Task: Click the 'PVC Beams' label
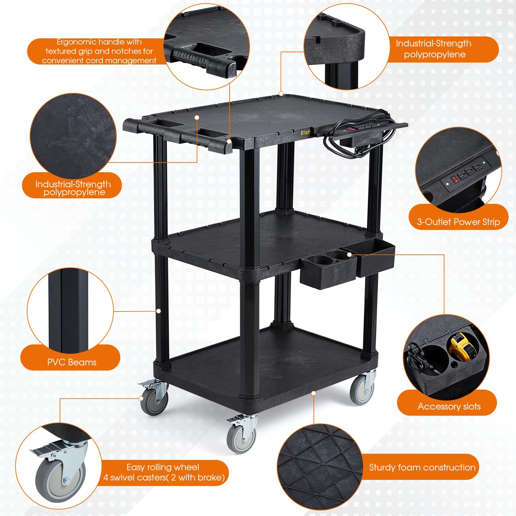(72, 362)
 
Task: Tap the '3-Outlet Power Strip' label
(458, 222)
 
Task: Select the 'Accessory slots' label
(449, 406)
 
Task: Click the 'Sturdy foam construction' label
(422, 467)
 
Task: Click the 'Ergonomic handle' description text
(99, 51)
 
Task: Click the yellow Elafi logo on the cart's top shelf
(306, 133)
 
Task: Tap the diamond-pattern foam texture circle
(319, 468)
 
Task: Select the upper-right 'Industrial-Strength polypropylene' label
(434, 49)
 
